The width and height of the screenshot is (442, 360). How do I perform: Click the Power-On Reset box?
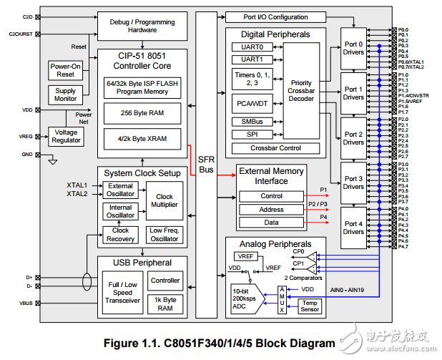(65, 70)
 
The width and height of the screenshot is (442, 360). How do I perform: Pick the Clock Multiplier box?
(164, 201)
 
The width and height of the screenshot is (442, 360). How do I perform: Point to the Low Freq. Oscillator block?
(164, 235)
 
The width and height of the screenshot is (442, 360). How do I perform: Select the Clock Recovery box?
(120, 235)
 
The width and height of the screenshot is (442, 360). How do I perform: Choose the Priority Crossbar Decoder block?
(301, 92)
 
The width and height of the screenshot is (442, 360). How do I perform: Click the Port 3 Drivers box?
(353, 182)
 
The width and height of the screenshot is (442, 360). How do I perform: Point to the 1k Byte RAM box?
(165, 303)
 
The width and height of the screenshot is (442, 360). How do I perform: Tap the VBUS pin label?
(28, 303)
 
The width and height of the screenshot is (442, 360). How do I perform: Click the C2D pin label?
(28, 16)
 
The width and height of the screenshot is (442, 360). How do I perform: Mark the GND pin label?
(27, 154)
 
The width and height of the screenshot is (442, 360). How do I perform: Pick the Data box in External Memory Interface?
(271, 223)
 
